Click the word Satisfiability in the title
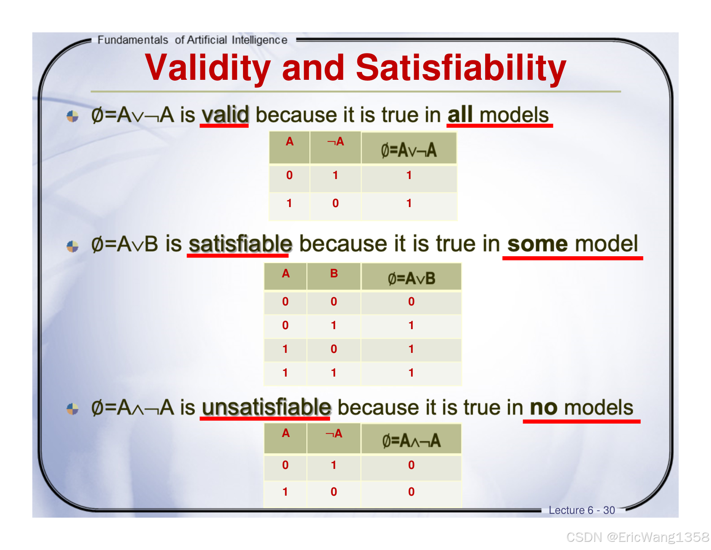pyautogui.click(x=461, y=67)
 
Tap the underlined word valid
pyautogui.click(x=225, y=115)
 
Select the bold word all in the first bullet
pyautogui.click(x=460, y=115)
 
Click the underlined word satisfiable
pyautogui.click(x=240, y=244)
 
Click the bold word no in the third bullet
pyautogui.click(x=543, y=408)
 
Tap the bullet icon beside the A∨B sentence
pyautogui.click(x=72, y=246)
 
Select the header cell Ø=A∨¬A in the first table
pyautogui.click(x=409, y=148)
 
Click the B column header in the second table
pyautogui.click(x=334, y=277)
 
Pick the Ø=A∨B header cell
pyautogui.click(x=411, y=277)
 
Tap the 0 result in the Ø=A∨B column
pyautogui.click(x=411, y=302)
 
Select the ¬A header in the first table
pyautogui.click(x=335, y=148)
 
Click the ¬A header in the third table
pyautogui.click(x=334, y=438)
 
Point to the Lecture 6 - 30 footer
pyautogui.click(x=581, y=510)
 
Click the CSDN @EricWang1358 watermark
pyautogui.click(x=638, y=537)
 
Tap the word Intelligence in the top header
pyautogui.click(x=259, y=40)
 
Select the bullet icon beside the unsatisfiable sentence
pyautogui.click(x=72, y=409)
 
